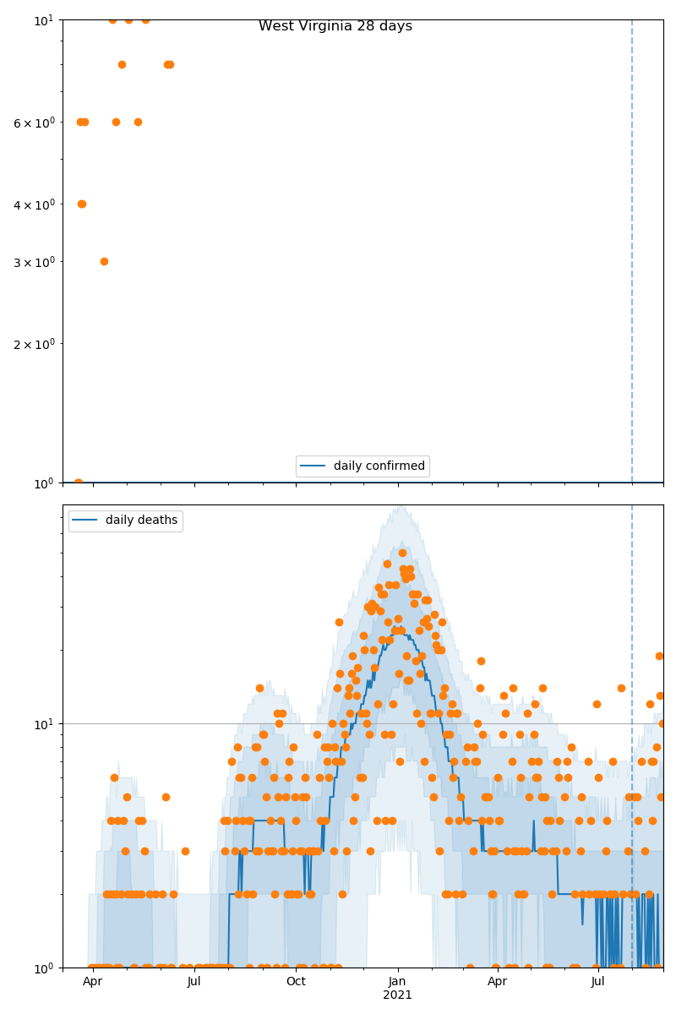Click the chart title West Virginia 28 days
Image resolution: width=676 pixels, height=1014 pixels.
335,26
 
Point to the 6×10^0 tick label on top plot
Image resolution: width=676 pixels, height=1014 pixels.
34,123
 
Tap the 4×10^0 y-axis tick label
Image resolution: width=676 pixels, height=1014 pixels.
34,204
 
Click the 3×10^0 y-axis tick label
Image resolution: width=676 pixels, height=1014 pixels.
34,262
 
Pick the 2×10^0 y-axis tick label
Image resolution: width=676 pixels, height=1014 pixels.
34,344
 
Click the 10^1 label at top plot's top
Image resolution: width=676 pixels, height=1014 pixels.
45,19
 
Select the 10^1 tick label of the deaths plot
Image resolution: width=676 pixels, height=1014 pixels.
45,724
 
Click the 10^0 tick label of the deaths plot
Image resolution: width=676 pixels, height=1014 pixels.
45,968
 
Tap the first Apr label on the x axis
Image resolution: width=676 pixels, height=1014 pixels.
92,982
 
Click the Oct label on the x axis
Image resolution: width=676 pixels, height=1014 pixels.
296,982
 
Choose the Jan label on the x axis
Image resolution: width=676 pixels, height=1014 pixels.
398,982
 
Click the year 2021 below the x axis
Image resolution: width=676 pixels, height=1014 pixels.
398,995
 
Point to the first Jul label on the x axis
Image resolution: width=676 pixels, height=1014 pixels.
194,982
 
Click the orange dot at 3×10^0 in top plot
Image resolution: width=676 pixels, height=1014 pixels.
104,261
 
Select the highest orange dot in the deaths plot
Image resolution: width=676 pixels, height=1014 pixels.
402,553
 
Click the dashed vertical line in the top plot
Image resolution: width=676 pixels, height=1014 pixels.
632,253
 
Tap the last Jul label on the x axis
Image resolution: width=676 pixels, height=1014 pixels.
598,982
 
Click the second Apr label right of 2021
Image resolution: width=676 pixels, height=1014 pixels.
498,982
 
